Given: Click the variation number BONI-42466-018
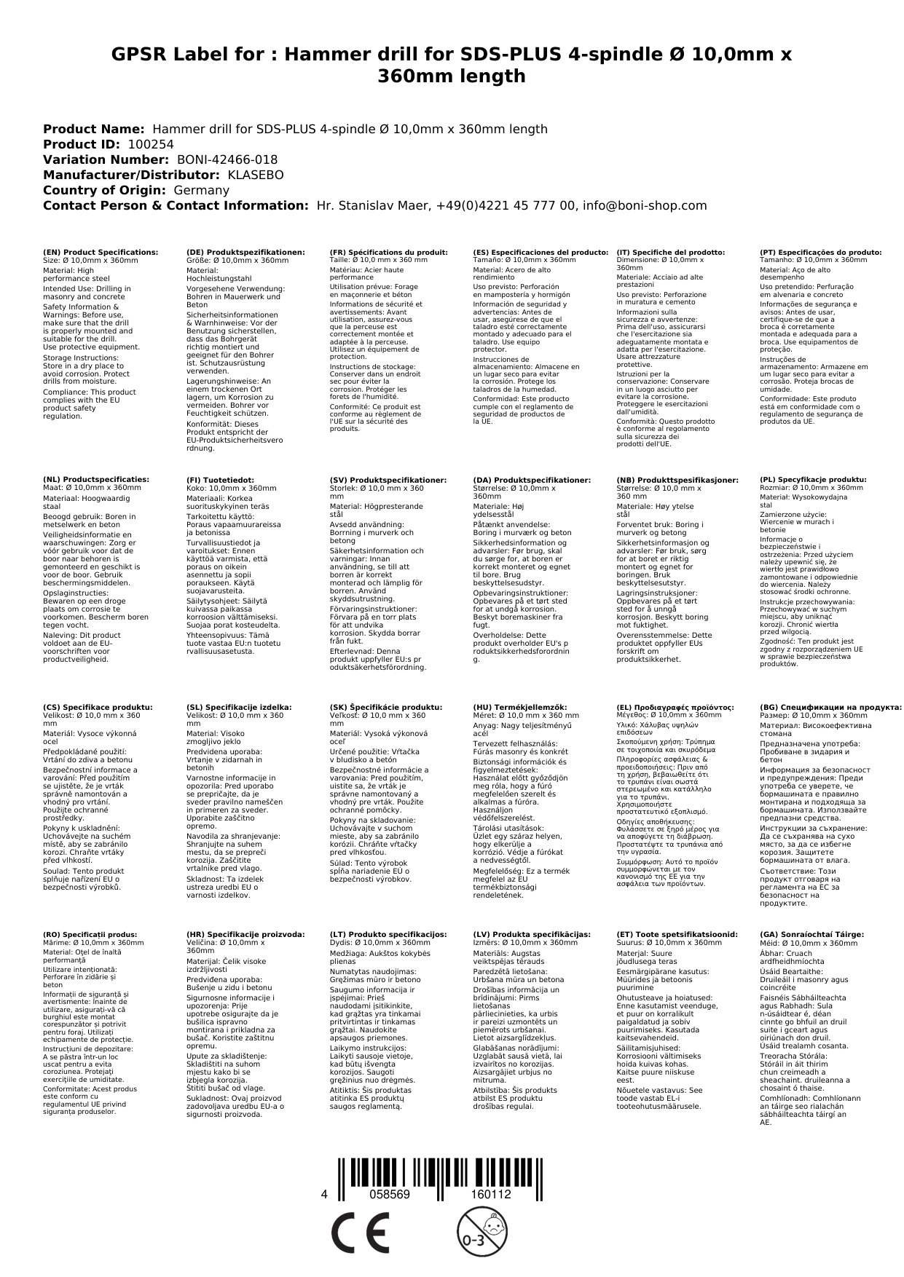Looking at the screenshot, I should coord(227,159).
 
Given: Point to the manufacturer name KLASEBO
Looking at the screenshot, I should coord(256,175).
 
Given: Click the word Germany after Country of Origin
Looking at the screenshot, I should coord(201,190).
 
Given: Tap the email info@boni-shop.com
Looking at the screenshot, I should coord(645,205).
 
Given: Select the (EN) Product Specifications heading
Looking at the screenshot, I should coord(101,252).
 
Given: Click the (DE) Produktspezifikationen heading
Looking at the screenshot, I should coord(245,252).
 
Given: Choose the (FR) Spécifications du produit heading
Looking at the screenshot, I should coord(388,252).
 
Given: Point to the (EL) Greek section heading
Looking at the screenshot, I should coord(675,707).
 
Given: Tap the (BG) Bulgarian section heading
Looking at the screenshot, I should coord(830,707).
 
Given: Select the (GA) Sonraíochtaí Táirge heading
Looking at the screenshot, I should coord(811,934).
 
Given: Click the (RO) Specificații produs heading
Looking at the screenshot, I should coord(90,934).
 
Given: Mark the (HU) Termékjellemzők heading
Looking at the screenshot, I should coord(519,707).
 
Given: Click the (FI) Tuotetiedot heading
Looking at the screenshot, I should coord(220,480).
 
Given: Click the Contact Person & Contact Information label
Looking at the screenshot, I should coord(176,205).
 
